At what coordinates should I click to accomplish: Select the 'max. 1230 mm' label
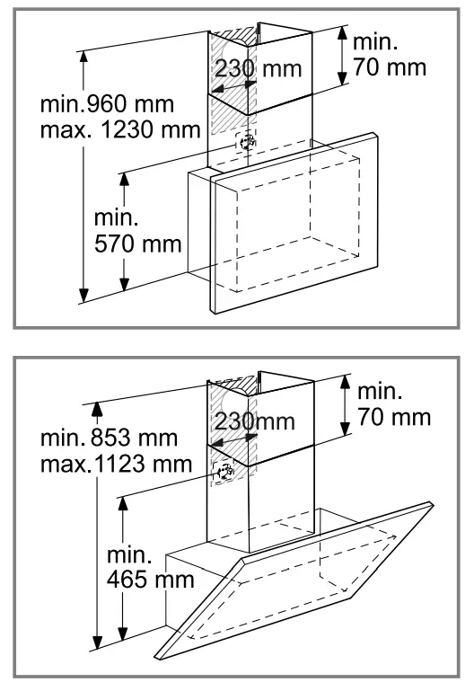click(x=120, y=130)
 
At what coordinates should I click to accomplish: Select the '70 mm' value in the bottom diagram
click(x=394, y=418)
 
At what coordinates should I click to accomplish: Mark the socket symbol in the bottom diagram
click(x=224, y=469)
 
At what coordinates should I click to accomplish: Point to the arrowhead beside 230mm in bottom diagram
click(x=217, y=444)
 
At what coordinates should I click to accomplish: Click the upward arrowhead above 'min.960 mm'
click(x=84, y=58)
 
